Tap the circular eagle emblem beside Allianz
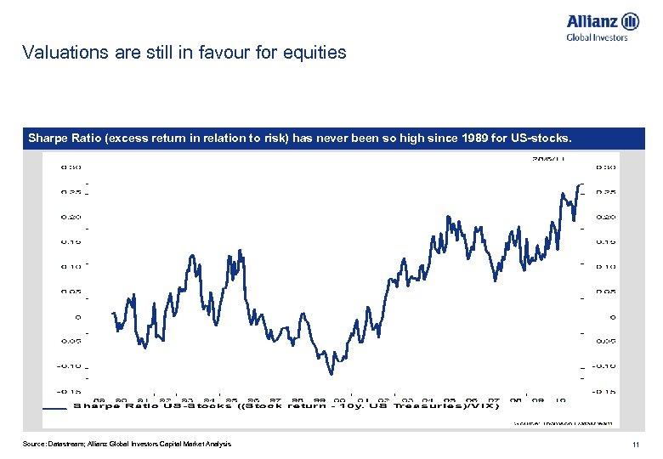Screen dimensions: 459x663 click(630, 21)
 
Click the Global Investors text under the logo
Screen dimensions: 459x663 click(597, 37)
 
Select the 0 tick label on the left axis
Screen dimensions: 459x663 click(77, 317)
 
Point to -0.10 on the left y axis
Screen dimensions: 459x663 click(68, 366)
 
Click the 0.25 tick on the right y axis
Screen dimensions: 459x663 click(607, 192)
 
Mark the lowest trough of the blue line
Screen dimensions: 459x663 click(331, 372)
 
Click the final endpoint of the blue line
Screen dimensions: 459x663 click(583, 184)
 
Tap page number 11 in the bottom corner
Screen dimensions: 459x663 click(635, 445)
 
